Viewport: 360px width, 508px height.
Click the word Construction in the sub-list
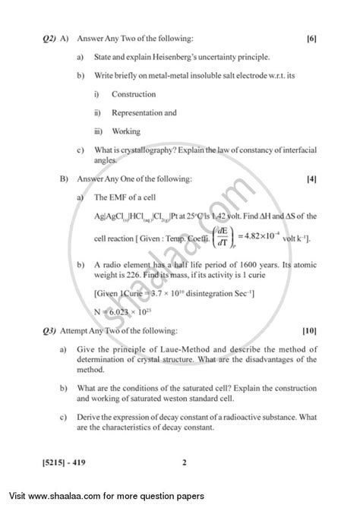pos(133,94)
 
